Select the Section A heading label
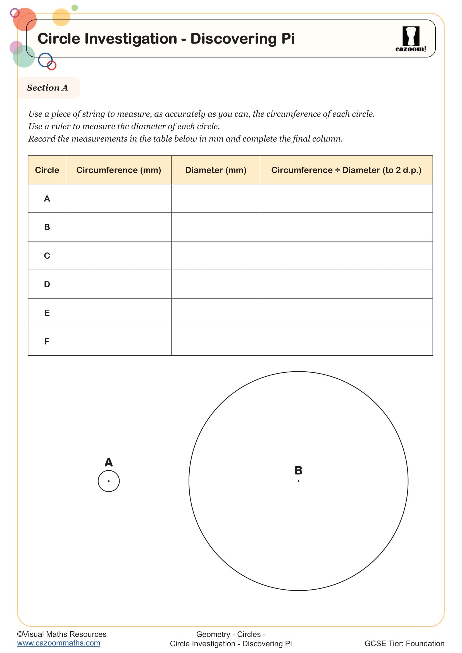click(x=47, y=88)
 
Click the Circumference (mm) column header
click(x=119, y=170)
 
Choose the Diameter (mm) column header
click(x=216, y=170)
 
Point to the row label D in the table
click(x=47, y=284)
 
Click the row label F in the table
click(x=47, y=341)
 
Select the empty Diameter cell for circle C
click(x=216, y=256)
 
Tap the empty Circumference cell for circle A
click(x=119, y=198)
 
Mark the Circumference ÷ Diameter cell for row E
click(x=346, y=313)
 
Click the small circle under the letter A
click(x=109, y=481)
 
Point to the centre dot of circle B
click(x=298, y=481)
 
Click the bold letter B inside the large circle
click(x=298, y=470)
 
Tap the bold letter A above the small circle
click(x=109, y=462)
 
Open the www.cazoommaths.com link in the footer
click(x=59, y=643)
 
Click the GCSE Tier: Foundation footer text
click(x=404, y=644)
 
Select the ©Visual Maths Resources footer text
click(x=62, y=634)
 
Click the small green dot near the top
click(x=75, y=8)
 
